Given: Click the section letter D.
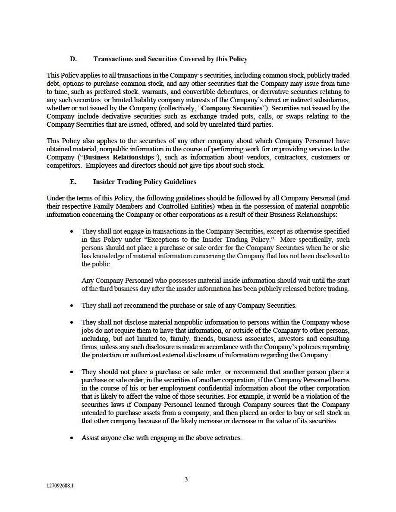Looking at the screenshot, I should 73,59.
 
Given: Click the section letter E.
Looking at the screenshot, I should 73,182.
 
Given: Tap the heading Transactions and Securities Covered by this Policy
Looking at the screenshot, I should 170,59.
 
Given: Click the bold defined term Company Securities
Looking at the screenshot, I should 232,108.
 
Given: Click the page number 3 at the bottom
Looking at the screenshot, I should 186,479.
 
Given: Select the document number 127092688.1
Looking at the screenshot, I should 60,485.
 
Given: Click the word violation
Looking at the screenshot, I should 324,396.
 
